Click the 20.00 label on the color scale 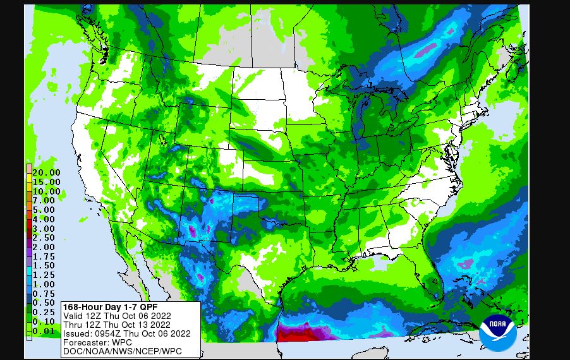pos(47,172)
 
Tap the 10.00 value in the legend pos(47,191)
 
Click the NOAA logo pos(498,333)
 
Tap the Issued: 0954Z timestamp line pos(126,333)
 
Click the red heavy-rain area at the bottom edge pos(297,335)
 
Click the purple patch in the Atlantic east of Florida pos(466,263)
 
